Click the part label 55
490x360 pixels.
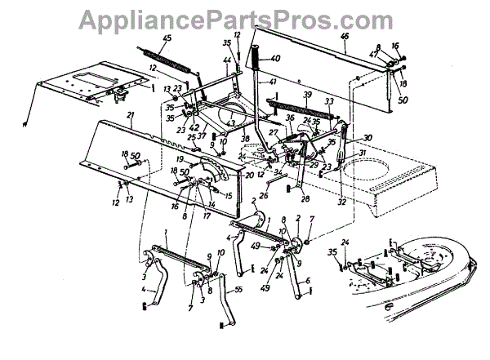238,289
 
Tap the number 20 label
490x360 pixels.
249,176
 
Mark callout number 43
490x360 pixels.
231,123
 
